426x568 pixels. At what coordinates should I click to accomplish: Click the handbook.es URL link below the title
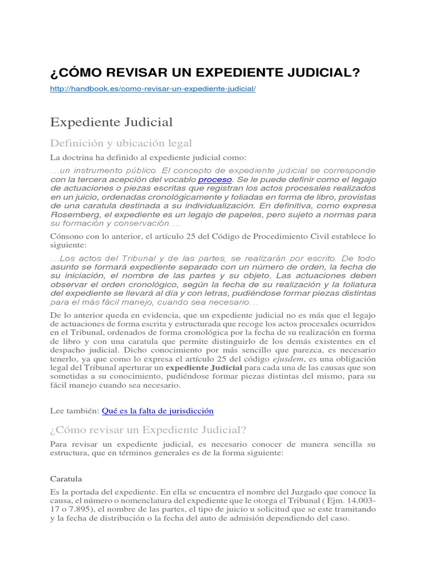(x=153, y=89)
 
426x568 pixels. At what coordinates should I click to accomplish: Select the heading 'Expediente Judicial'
(x=111, y=121)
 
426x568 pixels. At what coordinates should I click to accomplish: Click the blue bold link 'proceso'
(x=215, y=180)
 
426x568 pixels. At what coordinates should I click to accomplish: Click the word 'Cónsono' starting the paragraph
(x=65, y=236)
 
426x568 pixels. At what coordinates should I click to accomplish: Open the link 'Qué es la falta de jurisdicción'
(x=158, y=410)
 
